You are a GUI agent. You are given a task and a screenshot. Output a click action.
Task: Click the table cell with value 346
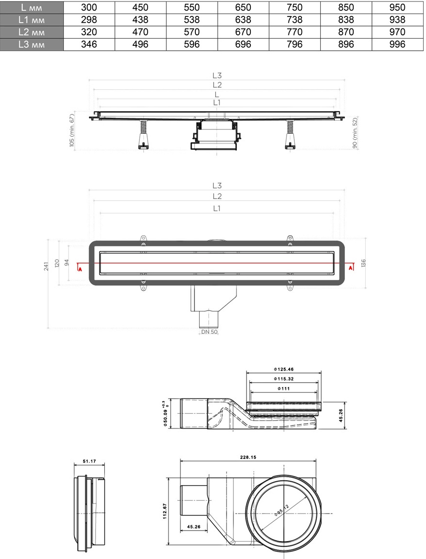[89, 44]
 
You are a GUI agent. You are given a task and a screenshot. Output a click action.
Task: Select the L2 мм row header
[32, 32]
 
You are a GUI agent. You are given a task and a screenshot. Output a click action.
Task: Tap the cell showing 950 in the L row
[397, 7]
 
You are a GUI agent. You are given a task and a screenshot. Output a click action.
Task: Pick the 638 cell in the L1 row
[243, 20]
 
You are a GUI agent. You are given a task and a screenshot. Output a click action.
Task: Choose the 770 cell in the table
[294, 32]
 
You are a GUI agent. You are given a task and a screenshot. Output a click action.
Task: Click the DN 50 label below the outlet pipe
[209, 332]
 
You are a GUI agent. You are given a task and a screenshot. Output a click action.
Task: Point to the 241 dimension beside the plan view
[46, 266]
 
